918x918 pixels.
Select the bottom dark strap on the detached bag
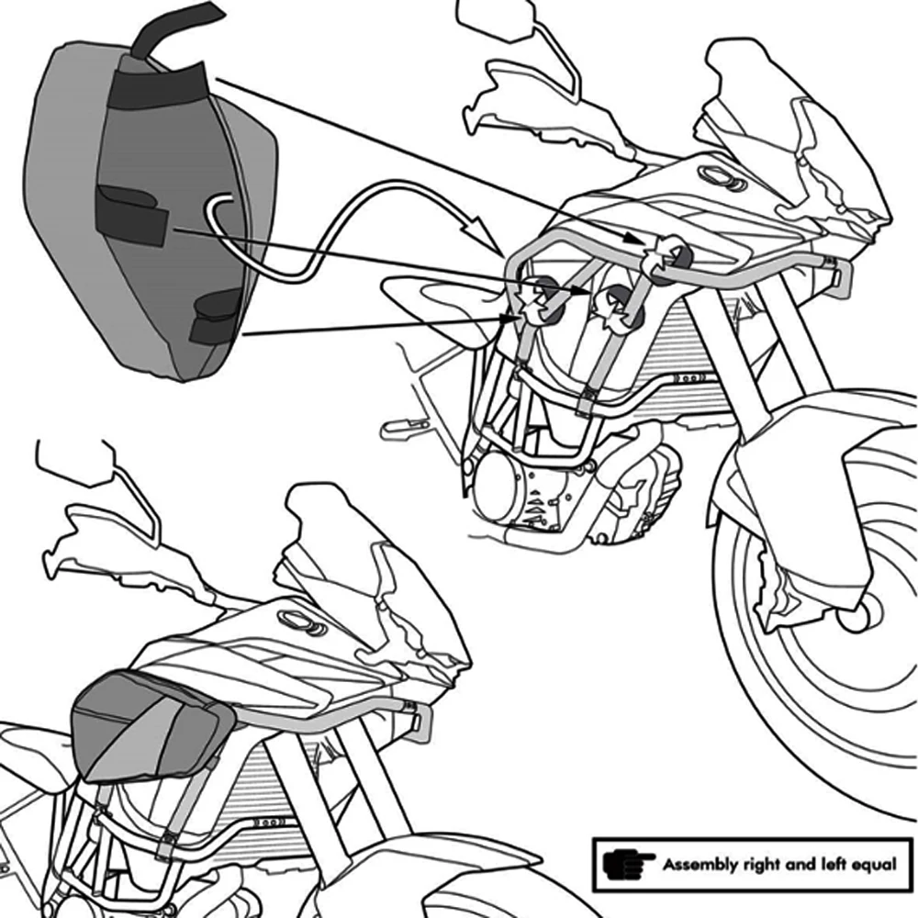[x=218, y=318]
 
